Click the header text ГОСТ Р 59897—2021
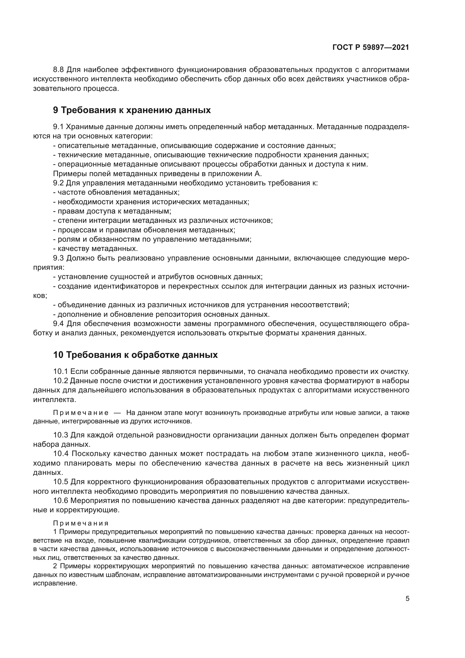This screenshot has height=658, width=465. (371, 48)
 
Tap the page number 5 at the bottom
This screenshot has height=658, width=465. (407, 599)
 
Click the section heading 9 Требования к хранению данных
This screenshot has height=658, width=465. (132, 110)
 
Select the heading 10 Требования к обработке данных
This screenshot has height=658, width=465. (135, 355)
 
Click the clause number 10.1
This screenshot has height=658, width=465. (60, 372)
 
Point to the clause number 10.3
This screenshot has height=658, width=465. (60, 435)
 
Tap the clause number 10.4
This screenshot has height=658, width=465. (60, 454)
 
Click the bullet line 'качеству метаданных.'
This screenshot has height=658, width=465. (97, 248)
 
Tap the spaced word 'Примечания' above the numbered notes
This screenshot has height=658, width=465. (81, 523)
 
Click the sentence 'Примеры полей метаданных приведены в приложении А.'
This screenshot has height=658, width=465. (157, 174)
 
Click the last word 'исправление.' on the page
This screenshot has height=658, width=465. (55, 583)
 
